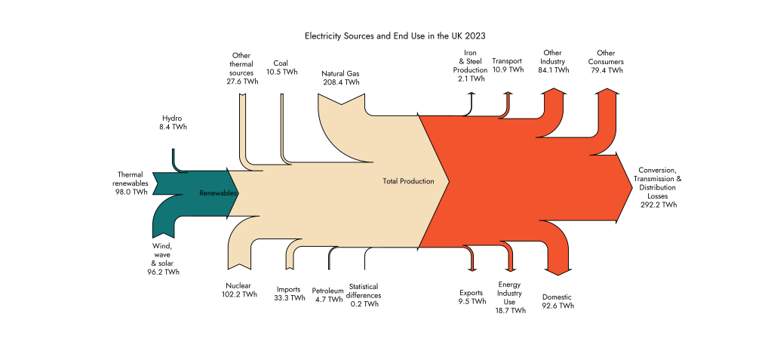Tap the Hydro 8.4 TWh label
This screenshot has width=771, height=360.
click(x=173, y=123)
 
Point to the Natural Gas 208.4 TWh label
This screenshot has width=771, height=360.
click(x=341, y=78)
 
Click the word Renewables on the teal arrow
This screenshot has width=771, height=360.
click(x=218, y=193)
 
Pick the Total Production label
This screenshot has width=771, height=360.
click(x=408, y=181)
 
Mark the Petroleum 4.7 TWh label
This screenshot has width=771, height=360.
click(x=327, y=294)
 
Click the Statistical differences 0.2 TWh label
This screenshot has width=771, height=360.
click(x=365, y=294)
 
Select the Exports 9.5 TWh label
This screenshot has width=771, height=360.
click(x=472, y=297)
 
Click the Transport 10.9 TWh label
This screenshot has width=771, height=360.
click(x=507, y=65)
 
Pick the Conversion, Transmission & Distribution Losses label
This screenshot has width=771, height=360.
click(x=659, y=186)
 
